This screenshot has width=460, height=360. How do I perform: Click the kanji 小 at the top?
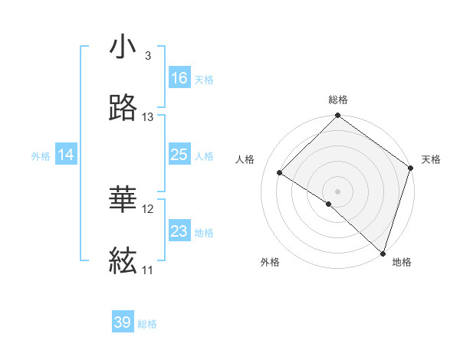[123, 47]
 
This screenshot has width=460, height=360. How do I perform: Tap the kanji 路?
[123, 110]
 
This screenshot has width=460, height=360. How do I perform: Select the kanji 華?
[123, 201]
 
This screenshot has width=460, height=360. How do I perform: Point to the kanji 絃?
[123, 263]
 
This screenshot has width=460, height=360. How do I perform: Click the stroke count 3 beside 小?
[147, 56]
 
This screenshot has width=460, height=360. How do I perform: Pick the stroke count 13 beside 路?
[148, 117]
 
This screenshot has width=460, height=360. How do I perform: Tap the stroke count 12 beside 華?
[148, 209]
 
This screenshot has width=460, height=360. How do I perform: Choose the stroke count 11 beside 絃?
[148, 270]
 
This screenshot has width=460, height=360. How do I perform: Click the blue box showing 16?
[179, 78]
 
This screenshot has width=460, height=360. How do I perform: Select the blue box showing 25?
[179, 155]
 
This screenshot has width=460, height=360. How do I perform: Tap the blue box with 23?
[179, 231]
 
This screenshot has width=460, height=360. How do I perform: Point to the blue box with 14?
[66, 155]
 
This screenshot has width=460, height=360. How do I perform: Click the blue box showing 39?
[123, 322]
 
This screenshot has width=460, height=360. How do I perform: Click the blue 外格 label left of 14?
[41, 156]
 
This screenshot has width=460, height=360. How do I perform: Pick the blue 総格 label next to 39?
[147, 324]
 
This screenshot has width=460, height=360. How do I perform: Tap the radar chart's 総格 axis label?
[338, 100]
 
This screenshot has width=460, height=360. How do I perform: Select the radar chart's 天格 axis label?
[431, 159]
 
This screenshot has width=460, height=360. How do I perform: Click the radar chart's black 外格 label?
[270, 262]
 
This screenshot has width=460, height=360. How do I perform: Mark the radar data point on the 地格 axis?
[383, 253]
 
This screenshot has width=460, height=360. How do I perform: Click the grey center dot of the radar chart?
[337, 191]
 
